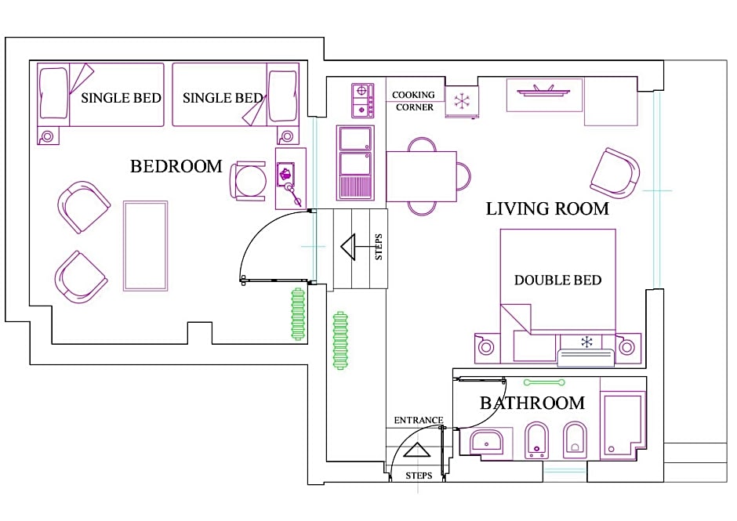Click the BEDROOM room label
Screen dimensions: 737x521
click(x=176, y=166)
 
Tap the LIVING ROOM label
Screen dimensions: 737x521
click(x=547, y=208)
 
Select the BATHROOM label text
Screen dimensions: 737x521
click(x=532, y=403)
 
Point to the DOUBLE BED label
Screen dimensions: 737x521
click(x=558, y=280)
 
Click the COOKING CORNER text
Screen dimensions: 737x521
click(x=414, y=101)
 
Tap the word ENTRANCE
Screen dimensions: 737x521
click(x=419, y=420)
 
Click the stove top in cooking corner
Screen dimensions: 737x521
click(x=363, y=100)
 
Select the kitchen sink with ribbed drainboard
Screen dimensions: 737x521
click(x=355, y=162)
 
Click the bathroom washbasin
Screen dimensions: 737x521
click(x=486, y=442)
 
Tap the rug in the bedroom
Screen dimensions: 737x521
click(x=145, y=246)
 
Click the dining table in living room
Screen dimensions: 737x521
click(x=421, y=176)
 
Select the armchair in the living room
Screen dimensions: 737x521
click(x=615, y=173)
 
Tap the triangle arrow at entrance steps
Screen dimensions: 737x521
click(x=417, y=450)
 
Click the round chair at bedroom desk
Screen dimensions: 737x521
click(x=249, y=181)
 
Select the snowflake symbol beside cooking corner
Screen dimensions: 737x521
click(x=462, y=102)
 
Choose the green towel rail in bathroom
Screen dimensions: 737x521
click(x=544, y=382)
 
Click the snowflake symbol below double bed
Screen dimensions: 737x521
click(x=586, y=342)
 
